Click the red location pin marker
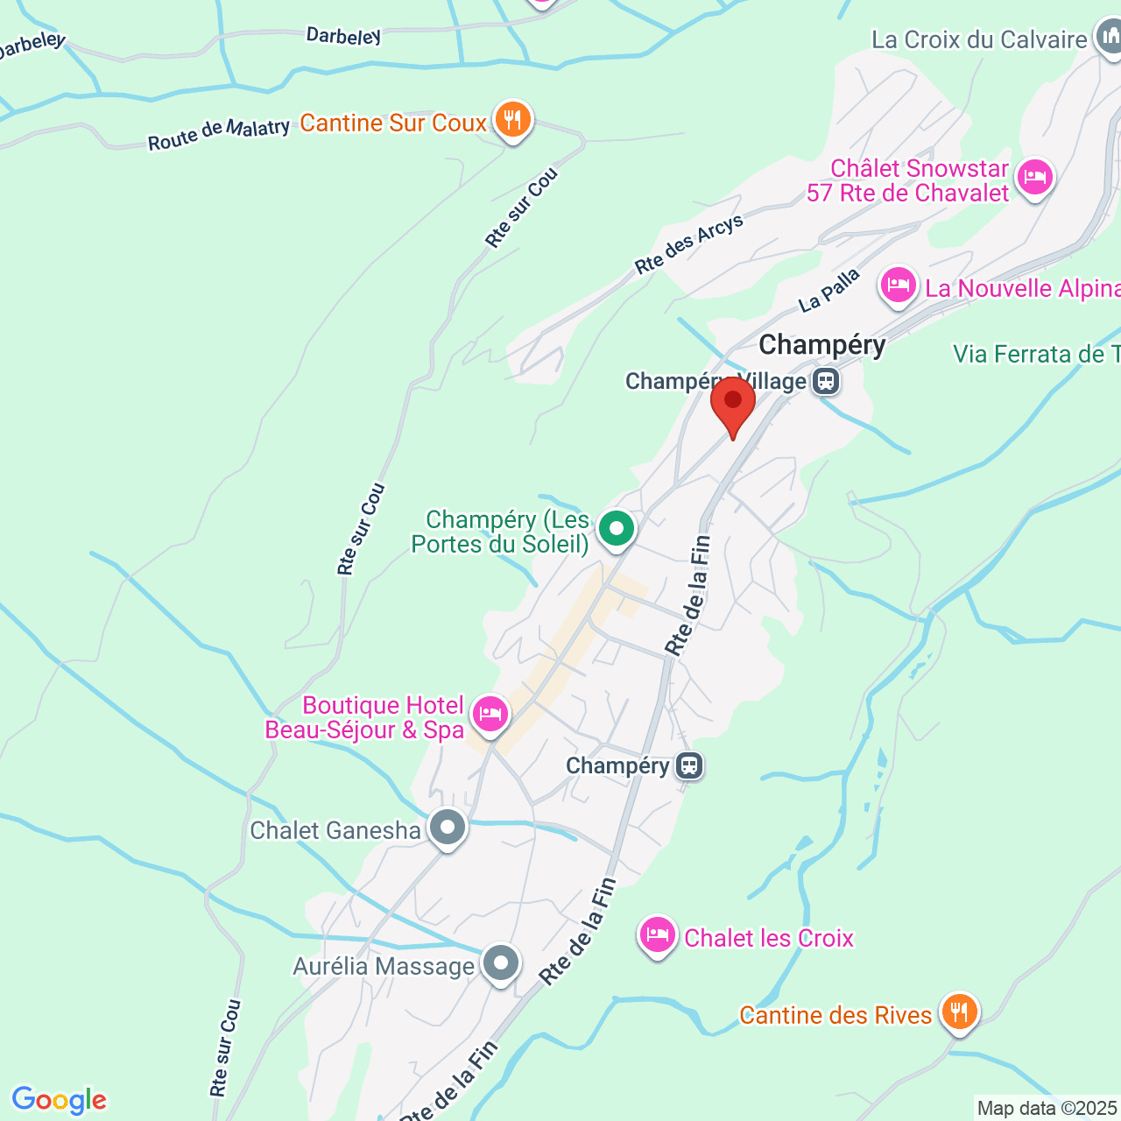click(x=732, y=404)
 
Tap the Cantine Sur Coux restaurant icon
click(x=512, y=120)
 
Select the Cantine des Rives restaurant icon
click(x=959, y=1012)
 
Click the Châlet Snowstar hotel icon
click(x=1034, y=178)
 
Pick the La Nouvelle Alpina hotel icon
click(x=898, y=286)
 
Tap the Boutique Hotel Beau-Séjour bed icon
click(x=490, y=714)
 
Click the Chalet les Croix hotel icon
click(x=657, y=935)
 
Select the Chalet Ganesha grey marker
click(x=448, y=827)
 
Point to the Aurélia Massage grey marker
click(x=500, y=963)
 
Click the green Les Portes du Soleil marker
click(x=617, y=529)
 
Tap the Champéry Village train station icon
click(x=825, y=382)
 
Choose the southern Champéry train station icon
click(x=689, y=766)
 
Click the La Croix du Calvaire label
click(x=978, y=39)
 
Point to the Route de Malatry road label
click(x=218, y=134)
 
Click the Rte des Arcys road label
click(x=689, y=243)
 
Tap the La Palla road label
click(x=828, y=291)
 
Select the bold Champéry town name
click(x=821, y=345)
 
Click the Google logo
click(x=59, y=1100)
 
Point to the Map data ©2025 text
click(x=1047, y=1108)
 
